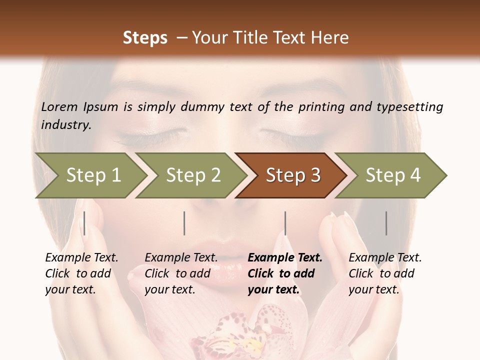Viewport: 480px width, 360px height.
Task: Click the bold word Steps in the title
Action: click(x=145, y=38)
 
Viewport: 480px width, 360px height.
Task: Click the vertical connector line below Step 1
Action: click(x=84, y=223)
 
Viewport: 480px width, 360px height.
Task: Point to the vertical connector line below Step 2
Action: click(x=184, y=223)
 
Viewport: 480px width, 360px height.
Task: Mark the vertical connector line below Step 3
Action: click(x=285, y=223)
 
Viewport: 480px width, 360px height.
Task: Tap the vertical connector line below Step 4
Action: click(x=386, y=223)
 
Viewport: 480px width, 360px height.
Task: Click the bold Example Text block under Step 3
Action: click(x=285, y=273)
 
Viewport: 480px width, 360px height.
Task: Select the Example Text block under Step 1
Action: click(x=81, y=273)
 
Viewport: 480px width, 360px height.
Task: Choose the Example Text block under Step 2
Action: click(x=181, y=273)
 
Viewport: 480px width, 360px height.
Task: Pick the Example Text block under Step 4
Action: click(x=385, y=273)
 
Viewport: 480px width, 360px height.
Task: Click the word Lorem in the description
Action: click(x=59, y=106)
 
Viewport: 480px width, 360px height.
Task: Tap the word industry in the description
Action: click(x=65, y=125)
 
